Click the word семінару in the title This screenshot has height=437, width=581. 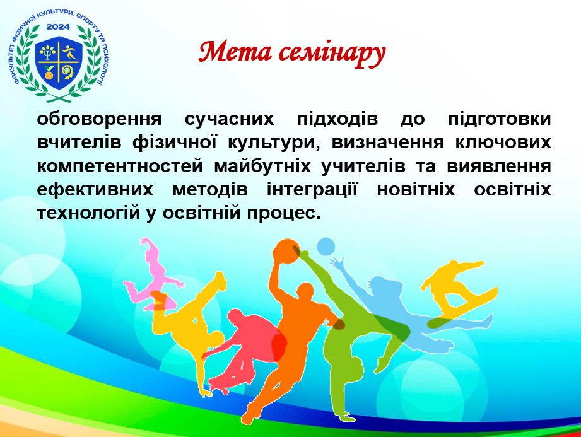(x=332, y=54)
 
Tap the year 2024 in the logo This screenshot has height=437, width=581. (x=58, y=26)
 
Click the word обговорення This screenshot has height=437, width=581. (x=99, y=120)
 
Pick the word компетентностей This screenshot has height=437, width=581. (x=120, y=167)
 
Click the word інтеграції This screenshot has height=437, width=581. (x=312, y=189)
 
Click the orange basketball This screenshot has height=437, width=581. (x=286, y=252)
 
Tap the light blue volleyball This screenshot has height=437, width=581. (x=326, y=247)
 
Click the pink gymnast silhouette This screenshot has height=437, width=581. (x=152, y=274)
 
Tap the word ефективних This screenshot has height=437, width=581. (x=95, y=190)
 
